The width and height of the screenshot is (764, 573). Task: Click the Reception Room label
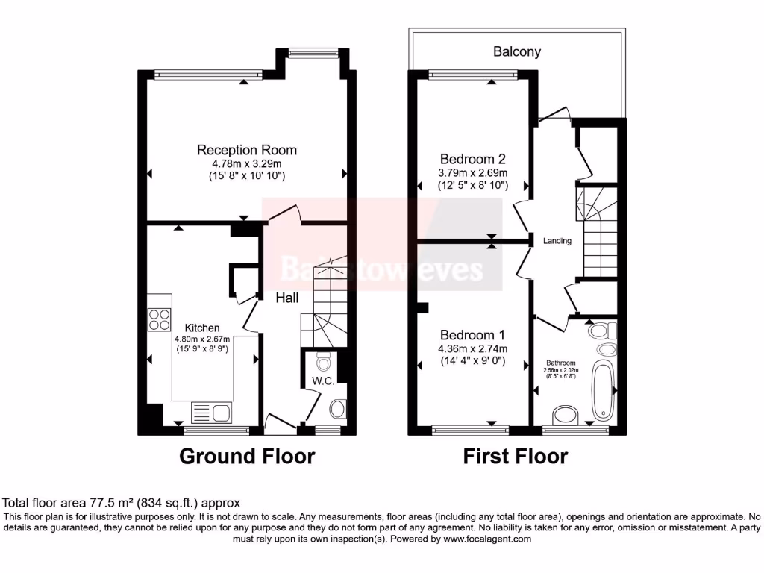[x=246, y=150]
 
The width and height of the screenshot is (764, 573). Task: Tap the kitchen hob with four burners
[x=159, y=319]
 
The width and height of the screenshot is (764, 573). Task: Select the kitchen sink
[x=211, y=412]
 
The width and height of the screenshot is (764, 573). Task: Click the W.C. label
[x=322, y=381]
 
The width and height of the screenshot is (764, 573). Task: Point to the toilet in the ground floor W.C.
[x=323, y=363]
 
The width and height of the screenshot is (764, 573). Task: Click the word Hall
[x=287, y=298]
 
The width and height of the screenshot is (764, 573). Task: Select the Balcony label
[x=516, y=52]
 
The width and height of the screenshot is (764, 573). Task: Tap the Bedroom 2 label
[x=472, y=159]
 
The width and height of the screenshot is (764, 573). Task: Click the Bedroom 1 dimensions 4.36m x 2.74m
[x=473, y=348]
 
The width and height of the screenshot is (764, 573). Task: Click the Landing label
[x=557, y=241]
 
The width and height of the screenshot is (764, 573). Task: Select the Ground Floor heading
[x=247, y=456]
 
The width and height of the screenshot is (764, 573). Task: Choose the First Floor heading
[x=516, y=456]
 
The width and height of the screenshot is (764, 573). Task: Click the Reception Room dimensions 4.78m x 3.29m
[x=246, y=163]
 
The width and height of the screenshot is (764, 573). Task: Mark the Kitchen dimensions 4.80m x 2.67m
[x=202, y=339]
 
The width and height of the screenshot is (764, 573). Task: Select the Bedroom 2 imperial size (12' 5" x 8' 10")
[x=473, y=186]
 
